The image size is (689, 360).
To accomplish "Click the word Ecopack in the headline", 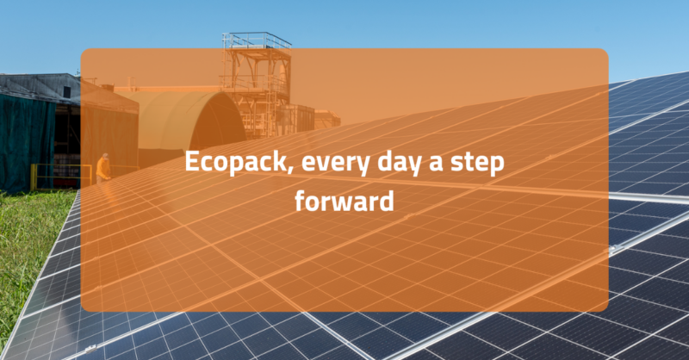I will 226,164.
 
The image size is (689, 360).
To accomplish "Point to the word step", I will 479,164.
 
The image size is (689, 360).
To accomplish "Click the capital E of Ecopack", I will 192,164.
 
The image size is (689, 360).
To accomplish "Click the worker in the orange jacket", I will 103,167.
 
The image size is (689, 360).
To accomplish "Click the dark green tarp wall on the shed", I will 26,138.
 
